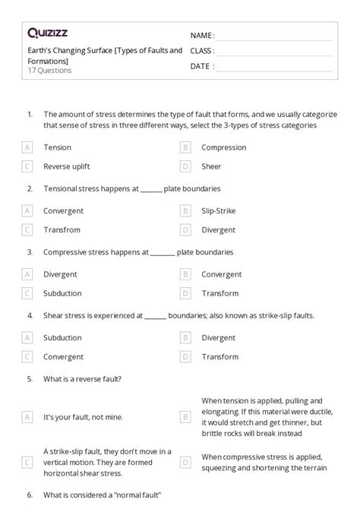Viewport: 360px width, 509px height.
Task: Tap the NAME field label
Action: click(202, 36)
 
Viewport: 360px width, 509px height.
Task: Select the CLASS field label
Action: click(202, 51)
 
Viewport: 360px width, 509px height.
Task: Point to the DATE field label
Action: click(201, 66)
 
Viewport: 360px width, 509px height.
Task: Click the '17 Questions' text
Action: click(49, 71)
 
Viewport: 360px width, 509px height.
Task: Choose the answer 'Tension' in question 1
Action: click(58, 147)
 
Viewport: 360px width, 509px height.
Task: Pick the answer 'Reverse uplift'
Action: click(69, 166)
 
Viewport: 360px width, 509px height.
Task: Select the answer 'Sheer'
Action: click(212, 166)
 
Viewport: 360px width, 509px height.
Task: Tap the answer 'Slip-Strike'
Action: click(219, 210)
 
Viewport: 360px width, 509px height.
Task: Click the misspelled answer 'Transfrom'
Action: click(62, 229)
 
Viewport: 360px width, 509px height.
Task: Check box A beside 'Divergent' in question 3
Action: click(27, 274)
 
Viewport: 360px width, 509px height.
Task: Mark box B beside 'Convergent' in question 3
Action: click(185, 274)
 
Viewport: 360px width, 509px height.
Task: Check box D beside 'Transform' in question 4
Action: click(185, 356)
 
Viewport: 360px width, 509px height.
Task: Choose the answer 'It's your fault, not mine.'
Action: click(84, 416)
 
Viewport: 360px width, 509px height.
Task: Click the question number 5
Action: click(29, 378)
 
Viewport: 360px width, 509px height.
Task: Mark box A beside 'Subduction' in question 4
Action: click(27, 337)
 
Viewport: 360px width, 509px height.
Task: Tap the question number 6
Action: click(29, 495)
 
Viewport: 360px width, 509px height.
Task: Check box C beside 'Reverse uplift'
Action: click(27, 166)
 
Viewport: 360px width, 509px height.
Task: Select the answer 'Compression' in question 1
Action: click(224, 147)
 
